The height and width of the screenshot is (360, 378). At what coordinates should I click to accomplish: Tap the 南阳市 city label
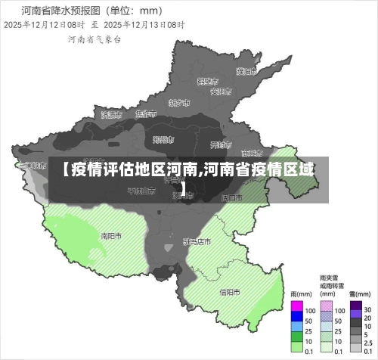coord(112,234)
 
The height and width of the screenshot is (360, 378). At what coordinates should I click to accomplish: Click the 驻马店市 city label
coord(197,242)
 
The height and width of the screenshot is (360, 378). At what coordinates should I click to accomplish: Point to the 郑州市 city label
coord(163,139)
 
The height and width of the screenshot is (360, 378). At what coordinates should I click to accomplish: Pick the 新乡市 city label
coord(179,102)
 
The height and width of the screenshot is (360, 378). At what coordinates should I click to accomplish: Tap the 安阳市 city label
coord(220,92)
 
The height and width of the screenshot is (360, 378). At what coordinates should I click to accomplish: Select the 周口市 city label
coord(231,197)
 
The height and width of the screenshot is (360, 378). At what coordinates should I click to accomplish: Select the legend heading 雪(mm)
coord(361,294)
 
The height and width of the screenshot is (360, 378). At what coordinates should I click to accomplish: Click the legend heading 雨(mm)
coord(301,294)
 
